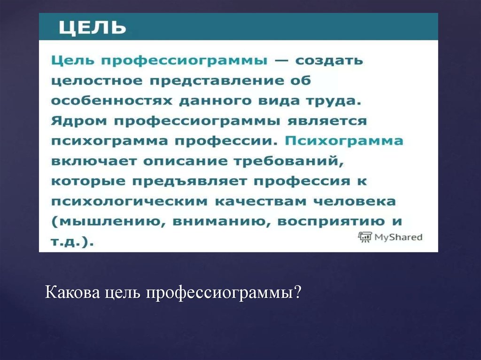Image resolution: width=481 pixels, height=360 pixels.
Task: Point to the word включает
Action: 93,161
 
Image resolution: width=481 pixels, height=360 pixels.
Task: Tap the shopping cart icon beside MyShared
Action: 365,237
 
